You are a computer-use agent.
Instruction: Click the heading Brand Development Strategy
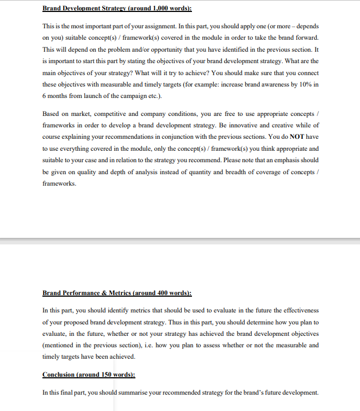85,9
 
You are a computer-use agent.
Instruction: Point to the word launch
86,96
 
